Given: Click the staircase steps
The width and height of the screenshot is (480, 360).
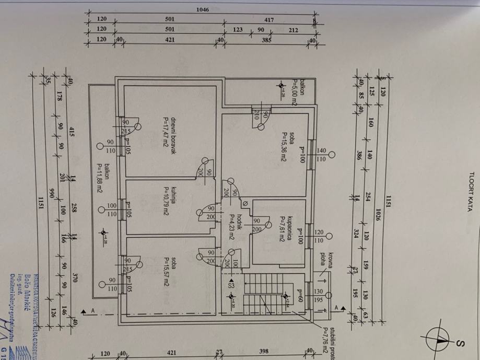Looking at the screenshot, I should tap(264, 293).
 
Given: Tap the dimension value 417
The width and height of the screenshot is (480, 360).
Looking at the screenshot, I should tap(269, 20).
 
